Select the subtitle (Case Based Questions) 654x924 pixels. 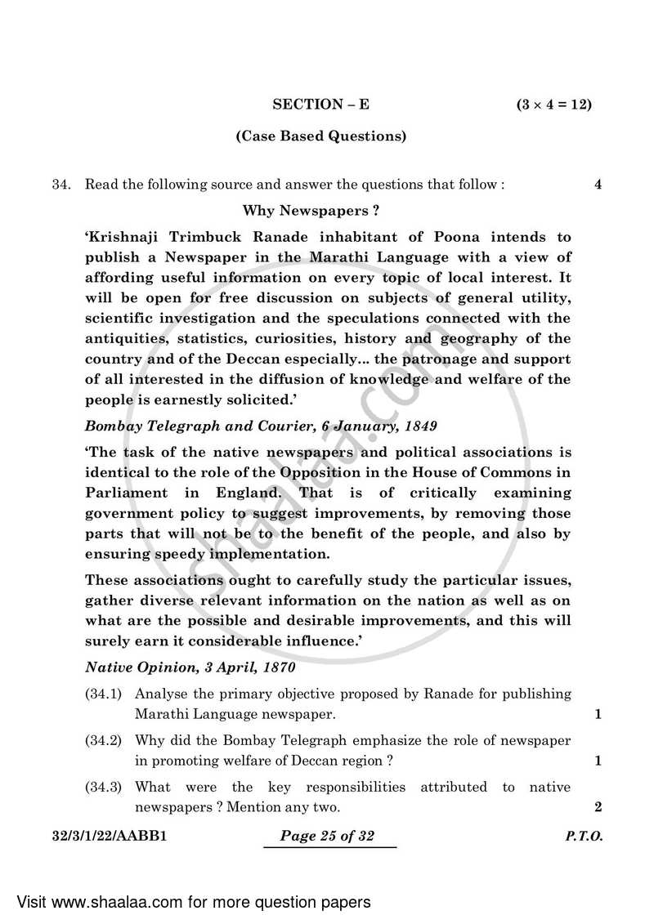pyautogui.click(x=320, y=136)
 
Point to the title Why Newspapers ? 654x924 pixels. pyautogui.click(x=311, y=211)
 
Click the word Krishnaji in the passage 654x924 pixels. pyautogui.click(x=124, y=237)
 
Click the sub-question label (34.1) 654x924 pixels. pyautogui.click(x=103, y=694)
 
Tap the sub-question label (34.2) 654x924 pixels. pyautogui.click(x=103, y=740)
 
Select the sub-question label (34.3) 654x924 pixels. pyautogui.click(x=103, y=787)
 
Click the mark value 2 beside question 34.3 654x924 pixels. pyautogui.click(x=598, y=807)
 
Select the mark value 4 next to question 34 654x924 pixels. pyautogui.click(x=598, y=185)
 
